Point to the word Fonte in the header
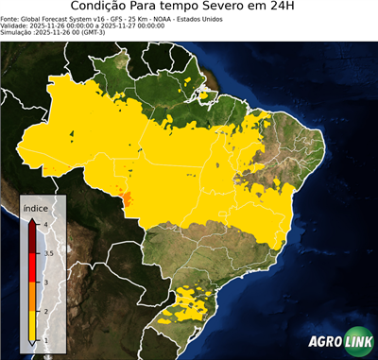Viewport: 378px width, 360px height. click(11, 18)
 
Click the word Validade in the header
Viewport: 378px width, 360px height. click(16, 25)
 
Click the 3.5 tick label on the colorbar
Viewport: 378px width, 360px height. click(47, 253)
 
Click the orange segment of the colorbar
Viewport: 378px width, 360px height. click(31, 297)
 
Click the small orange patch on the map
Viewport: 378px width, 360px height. click(122, 197)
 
